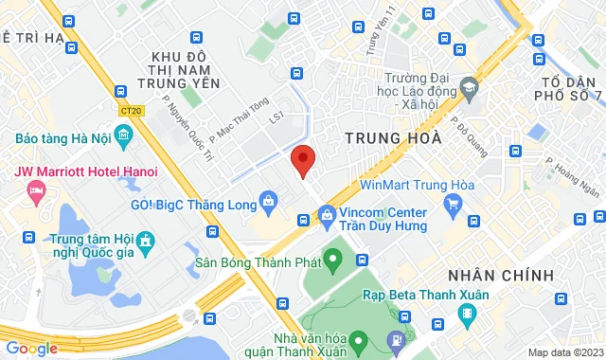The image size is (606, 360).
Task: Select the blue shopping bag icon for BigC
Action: (270, 201)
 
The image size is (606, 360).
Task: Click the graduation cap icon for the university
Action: (468, 88)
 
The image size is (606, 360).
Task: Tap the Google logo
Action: (31, 349)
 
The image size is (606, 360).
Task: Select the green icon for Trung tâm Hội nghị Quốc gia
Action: (146, 245)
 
